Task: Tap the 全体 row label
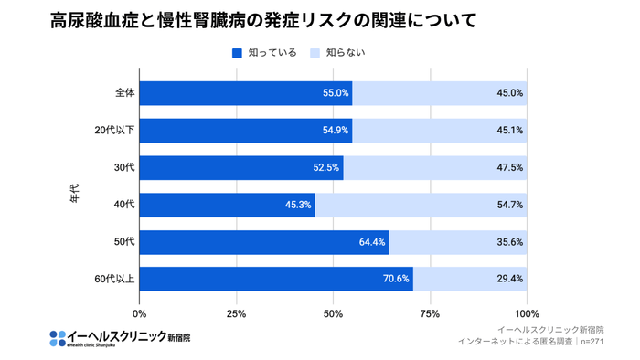click(x=124, y=93)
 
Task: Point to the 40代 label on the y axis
click(x=124, y=205)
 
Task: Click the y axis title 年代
click(x=76, y=194)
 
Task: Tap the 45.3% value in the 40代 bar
click(x=298, y=205)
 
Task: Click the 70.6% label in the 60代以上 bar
click(x=396, y=279)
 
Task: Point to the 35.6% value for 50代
click(x=509, y=242)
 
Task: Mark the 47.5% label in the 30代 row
click(x=509, y=167)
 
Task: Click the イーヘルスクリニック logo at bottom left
click(x=120, y=337)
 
